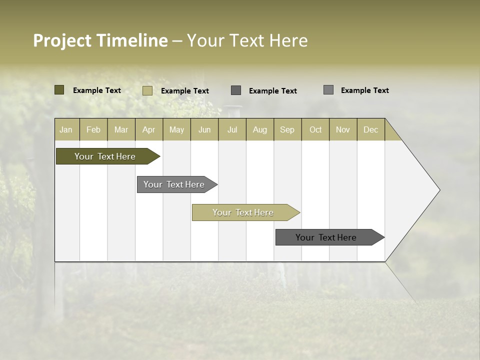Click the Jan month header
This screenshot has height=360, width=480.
[66, 129]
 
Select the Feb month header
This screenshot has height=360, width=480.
[93, 129]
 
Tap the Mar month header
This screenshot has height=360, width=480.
[121, 129]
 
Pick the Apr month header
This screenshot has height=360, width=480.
[148, 129]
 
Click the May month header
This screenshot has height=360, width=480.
[176, 129]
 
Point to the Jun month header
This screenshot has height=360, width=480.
[204, 129]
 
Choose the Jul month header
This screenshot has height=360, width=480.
[232, 129]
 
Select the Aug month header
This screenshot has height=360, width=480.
[259, 129]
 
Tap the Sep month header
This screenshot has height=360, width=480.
[287, 129]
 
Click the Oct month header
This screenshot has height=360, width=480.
[315, 129]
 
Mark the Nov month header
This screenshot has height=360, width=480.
[343, 129]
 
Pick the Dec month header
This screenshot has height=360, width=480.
[370, 129]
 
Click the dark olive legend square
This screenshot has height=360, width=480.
[59, 90]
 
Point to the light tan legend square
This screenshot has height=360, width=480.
[147, 90]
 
